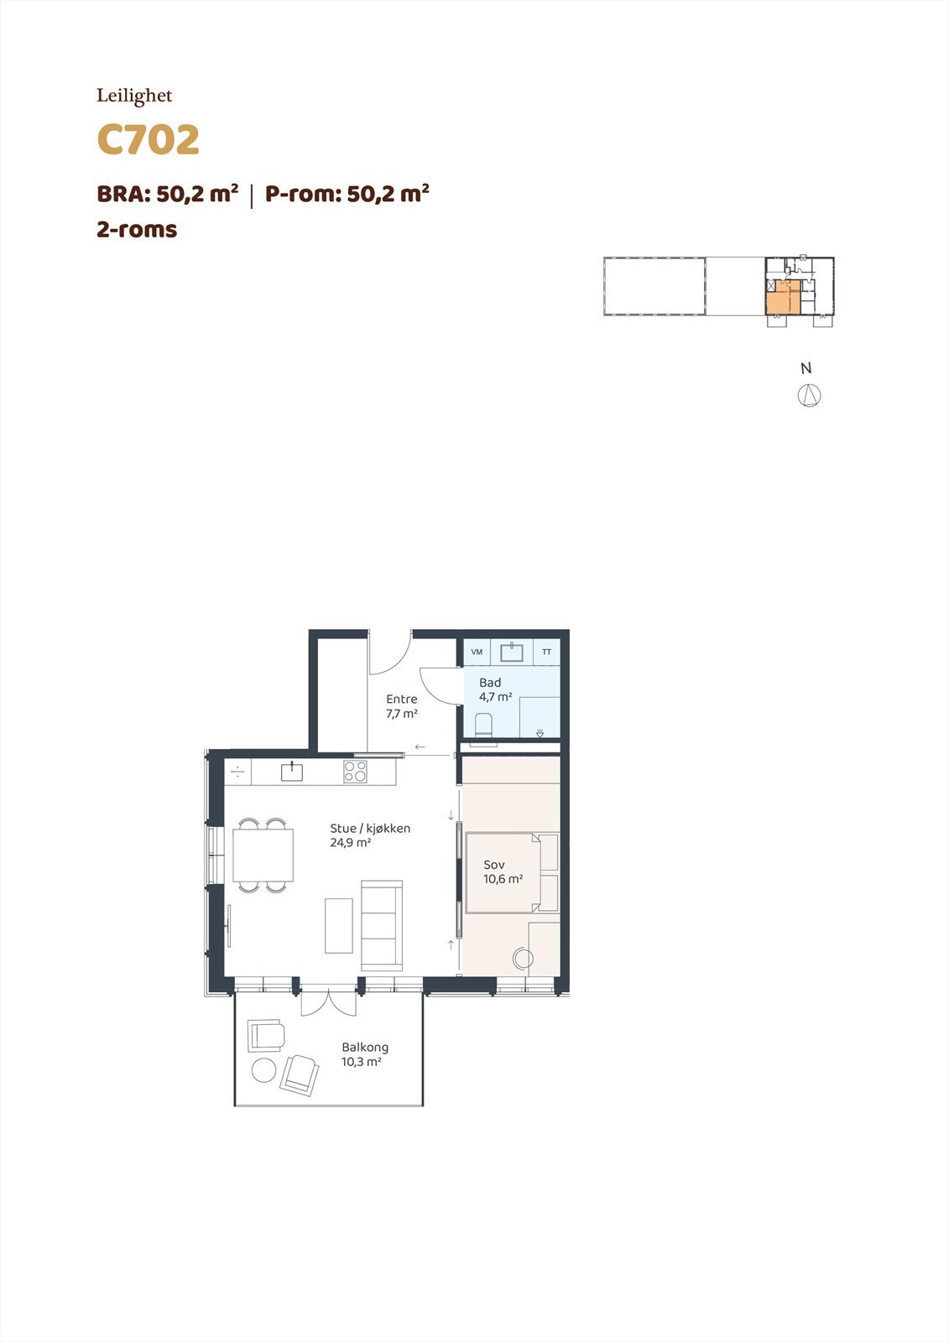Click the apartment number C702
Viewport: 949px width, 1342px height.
pyautogui.click(x=149, y=140)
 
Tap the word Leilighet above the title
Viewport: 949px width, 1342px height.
pyautogui.click(x=134, y=96)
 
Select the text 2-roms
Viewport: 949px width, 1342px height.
pyautogui.click(x=137, y=229)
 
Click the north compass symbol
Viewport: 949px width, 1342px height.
pyautogui.click(x=809, y=395)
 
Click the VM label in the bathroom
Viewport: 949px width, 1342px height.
pyautogui.click(x=477, y=652)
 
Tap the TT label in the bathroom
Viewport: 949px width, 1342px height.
pyautogui.click(x=547, y=652)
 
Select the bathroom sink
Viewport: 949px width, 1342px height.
pyautogui.click(x=512, y=652)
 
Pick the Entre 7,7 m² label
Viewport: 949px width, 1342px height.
pyautogui.click(x=402, y=706)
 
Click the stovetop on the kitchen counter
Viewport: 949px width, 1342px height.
pyautogui.click(x=355, y=771)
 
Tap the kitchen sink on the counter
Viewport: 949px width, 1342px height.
pyautogui.click(x=291, y=771)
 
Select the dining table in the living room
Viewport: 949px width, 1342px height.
pyautogui.click(x=263, y=855)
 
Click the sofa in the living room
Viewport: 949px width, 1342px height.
pyautogui.click(x=382, y=925)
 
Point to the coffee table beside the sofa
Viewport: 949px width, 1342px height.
pyautogui.click(x=339, y=925)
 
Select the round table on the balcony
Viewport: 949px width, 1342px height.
pyautogui.click(x=264, y=1069)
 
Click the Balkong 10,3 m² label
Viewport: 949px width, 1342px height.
pyautogui.click(x=364, y=1054)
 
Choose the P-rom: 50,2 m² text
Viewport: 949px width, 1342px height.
pyautogui.click(x=347, y=194)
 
